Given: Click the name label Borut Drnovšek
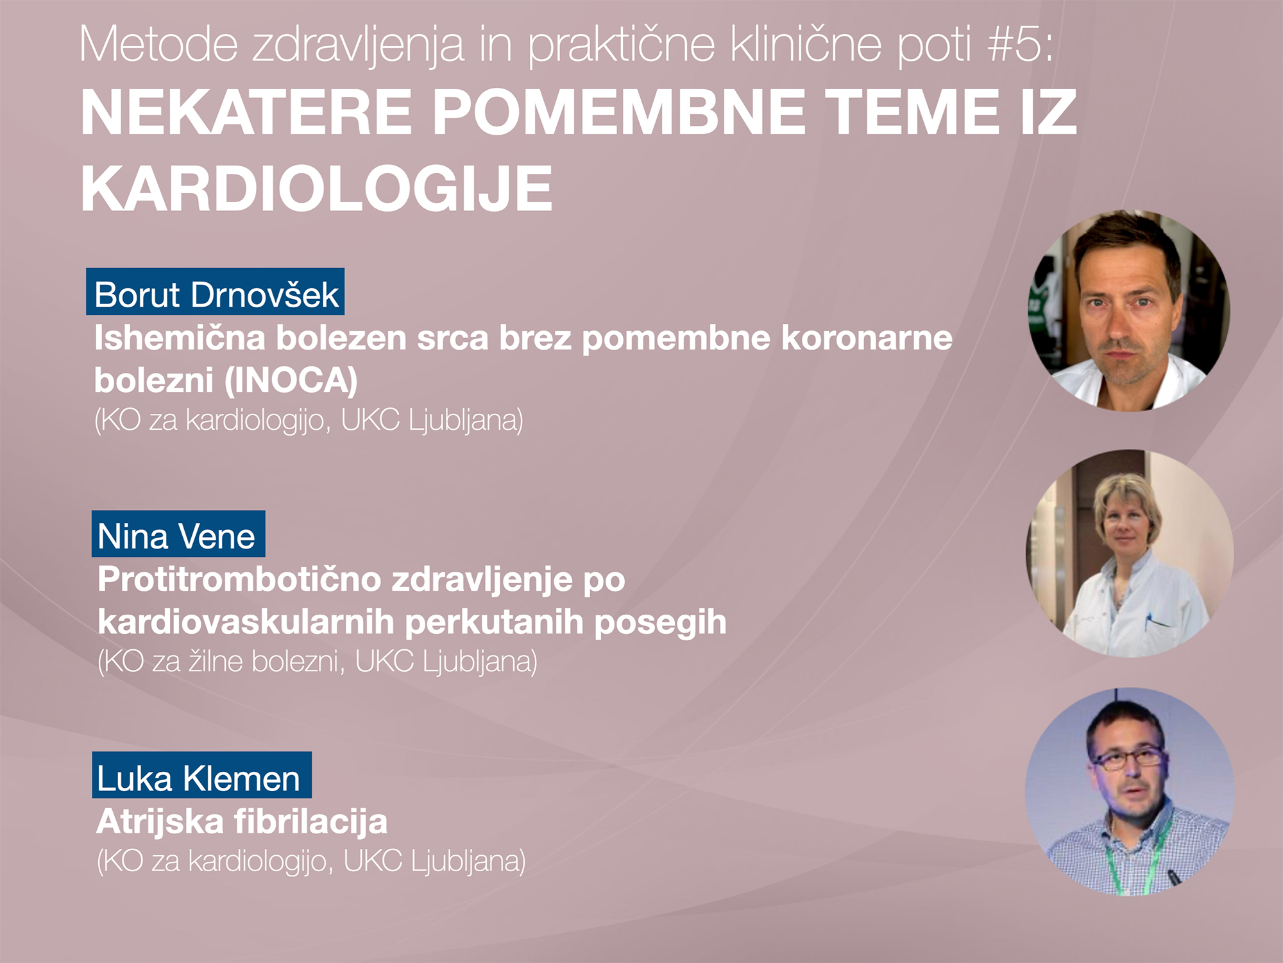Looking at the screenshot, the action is (x=216, y=292).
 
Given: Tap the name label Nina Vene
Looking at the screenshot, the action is (x=178, y=534).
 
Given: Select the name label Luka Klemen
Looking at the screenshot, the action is (x=201, y=775).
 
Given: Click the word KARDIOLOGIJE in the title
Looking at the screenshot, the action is (x=316, y=189).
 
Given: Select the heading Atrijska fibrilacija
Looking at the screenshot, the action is (x=242, y=822).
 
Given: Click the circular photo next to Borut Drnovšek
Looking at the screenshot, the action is (x=1129, y=310).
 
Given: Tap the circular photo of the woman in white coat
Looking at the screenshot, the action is (x=1129, y=553).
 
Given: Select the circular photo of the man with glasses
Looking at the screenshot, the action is (x=1129, y=792).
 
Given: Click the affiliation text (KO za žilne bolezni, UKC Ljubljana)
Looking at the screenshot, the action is (x=317, y=662).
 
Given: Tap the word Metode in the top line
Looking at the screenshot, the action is (x=158, y=44).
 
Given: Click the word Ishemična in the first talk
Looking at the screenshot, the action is (x=180, y=338).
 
